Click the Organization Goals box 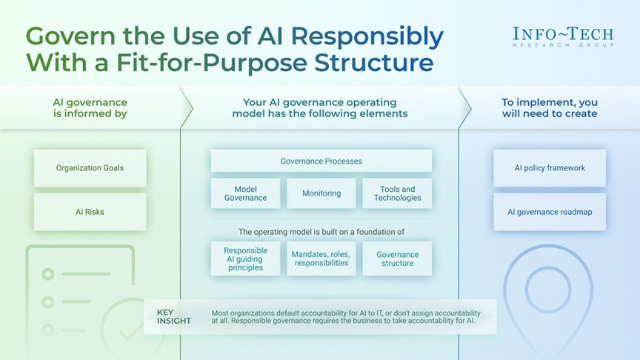tap(90, 168)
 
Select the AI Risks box tap(90, 212)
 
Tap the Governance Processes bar tap(321, 161)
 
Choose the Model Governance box tap(245, 193)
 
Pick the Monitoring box tap(321, 193)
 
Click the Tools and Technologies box tap(397, 193)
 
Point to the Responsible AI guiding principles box tap(245, 259)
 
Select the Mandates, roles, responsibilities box tap(321, 259)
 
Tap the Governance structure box tap(397, 259)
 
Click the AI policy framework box tap(550, 168)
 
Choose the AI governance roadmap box tap(550, 212)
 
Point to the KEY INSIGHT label tap(173, 316)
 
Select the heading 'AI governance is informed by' tap(90, 108)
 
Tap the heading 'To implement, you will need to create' tap(549, 108)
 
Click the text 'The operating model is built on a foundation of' tap(321, 232)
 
